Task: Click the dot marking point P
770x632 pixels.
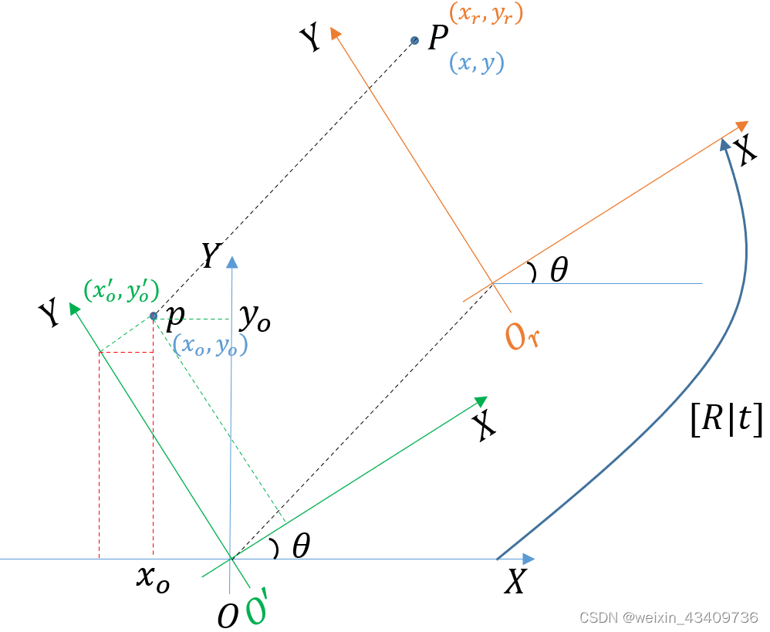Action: coord(414,40)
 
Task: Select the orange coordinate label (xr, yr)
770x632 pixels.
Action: coord(485,15)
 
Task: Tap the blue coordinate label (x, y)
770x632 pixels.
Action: coord(477,63)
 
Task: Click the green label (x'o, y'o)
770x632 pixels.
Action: coord(121,291)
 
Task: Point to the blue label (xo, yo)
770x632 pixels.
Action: coord(210,346)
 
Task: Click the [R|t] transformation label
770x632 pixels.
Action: coord(726,421)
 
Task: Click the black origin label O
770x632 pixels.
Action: coord(227,616)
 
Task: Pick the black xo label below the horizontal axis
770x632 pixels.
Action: coord(152,578)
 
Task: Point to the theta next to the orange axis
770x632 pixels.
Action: coord(559,271)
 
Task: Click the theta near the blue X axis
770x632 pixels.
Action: coord(301,547)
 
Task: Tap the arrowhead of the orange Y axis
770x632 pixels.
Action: coord(335,32)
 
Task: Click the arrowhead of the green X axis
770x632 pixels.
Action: coord(481,400)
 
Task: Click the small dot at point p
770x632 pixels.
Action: coord(153,316)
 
